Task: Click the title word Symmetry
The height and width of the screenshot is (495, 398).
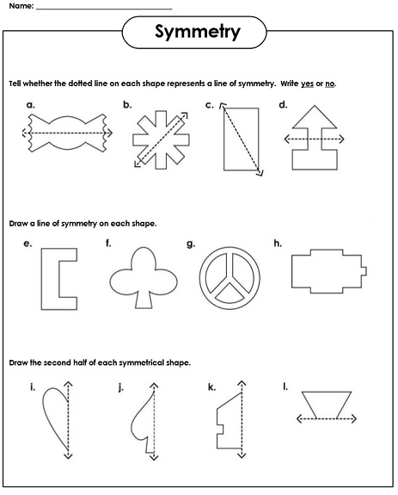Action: pyautogui.click(x=198, y=33)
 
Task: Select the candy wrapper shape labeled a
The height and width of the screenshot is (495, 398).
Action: pyautogui.click(x=65, y=133)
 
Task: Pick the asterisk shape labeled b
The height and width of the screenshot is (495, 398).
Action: pyautogui.click(x=156, y=138)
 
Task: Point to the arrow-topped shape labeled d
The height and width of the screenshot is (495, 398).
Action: pyautogui.click(x=315, y=139)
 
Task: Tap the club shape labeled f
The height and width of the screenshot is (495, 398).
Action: pyautogui.click(x=142, y=278)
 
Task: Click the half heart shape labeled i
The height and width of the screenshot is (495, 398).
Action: pyautogui.click(x=55, y=418)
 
